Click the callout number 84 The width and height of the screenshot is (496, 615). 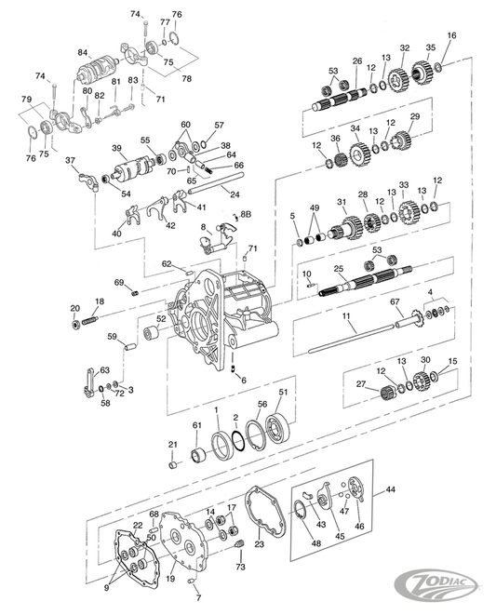click(x=83, y=52)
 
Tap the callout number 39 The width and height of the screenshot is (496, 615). click(x=117, y=148)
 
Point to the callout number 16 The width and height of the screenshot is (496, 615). click(x=451, y=35)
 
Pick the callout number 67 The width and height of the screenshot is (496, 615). click(x=395, y=302)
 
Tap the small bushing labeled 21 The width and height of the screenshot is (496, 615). click(x=173, y=465)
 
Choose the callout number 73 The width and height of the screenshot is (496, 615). click(x=240, y=566)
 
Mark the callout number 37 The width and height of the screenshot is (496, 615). click(x=71, y=160)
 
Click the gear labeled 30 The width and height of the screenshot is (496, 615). click(x=420, y=379)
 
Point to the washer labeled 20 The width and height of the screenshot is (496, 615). click(x=75, y=326)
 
